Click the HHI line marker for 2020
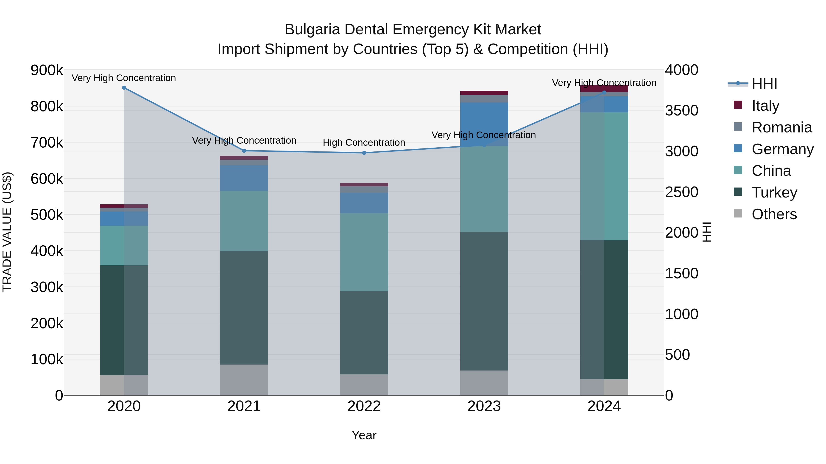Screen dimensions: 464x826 coord(124,88)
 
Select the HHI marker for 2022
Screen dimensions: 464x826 coord(364,153)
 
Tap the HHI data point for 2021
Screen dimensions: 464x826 coord(244,151)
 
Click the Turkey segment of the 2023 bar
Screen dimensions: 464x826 coord(484,301)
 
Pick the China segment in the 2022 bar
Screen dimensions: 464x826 coord(364,252)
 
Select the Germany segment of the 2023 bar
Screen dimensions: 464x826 coord(484,124)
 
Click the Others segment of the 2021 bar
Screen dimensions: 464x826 coord(244,380)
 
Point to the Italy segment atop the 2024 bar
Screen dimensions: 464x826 coord(604,88)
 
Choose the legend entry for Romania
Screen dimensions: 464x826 coord(781,127)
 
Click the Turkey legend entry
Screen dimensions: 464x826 coord(774,192)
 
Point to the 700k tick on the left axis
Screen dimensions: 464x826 coord(47,143)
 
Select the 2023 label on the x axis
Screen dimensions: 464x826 coord(484,406)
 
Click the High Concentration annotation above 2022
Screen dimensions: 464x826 coord(364,143)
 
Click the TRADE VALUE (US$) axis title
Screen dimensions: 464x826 coord(7,232)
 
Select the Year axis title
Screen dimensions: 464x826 coord(364,435)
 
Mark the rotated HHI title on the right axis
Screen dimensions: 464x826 coord(707,232)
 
